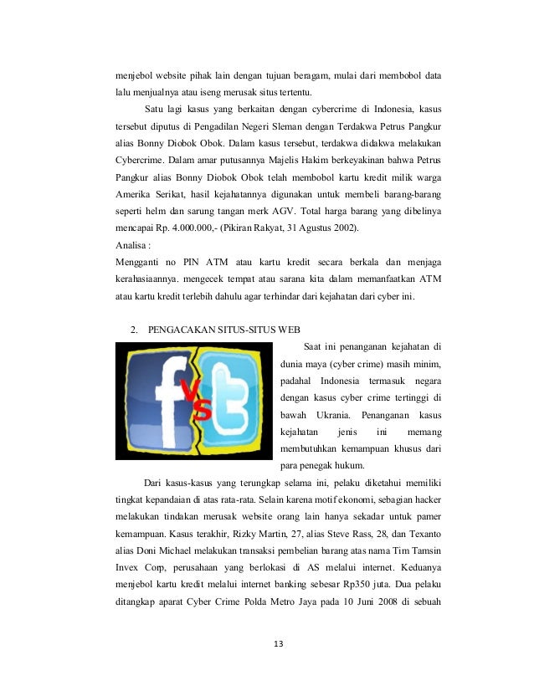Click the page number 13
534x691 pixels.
tap(267, 644)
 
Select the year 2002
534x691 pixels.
tap(336, 227)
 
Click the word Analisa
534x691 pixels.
tap(136, 245)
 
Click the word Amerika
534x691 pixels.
tap(136, 193)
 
